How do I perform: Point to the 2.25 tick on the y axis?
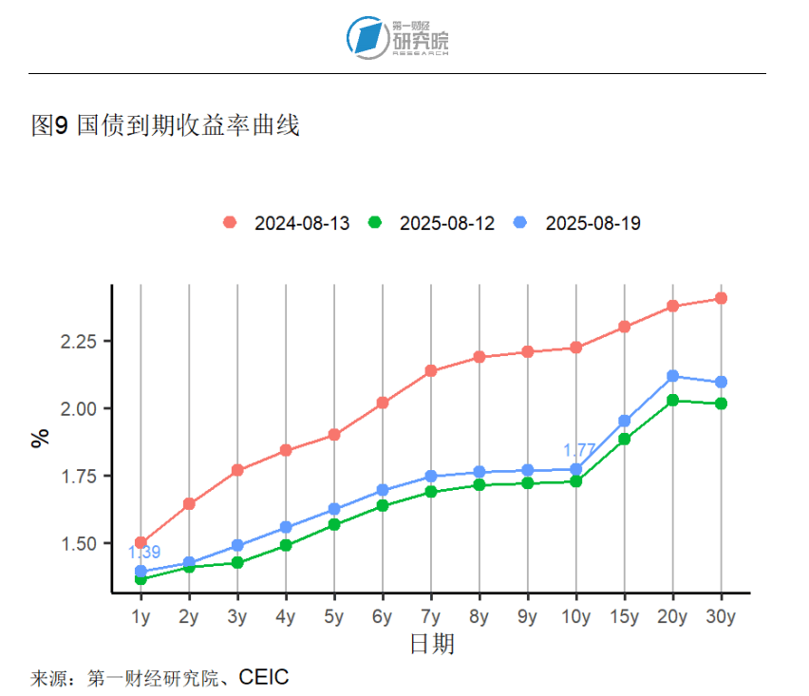[x=81, y=341]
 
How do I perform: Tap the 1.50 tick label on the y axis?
[x=81, y=544]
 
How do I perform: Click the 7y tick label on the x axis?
[x=431, y=616]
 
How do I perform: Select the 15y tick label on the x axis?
[x=624, y=616]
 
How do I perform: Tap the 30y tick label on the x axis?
[x=721, y=616]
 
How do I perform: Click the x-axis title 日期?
[x=431, y=645]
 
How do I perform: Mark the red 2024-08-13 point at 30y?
[x=721, y=298]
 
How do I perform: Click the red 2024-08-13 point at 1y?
[x=141, y=543]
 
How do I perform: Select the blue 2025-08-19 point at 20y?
[x=672, y=376]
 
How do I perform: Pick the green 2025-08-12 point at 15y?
[x=624, y=439]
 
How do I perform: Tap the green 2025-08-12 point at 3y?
[x=237, y=563]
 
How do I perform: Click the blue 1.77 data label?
[x=578, y=450]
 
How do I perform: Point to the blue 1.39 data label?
[x=143, y=552]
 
